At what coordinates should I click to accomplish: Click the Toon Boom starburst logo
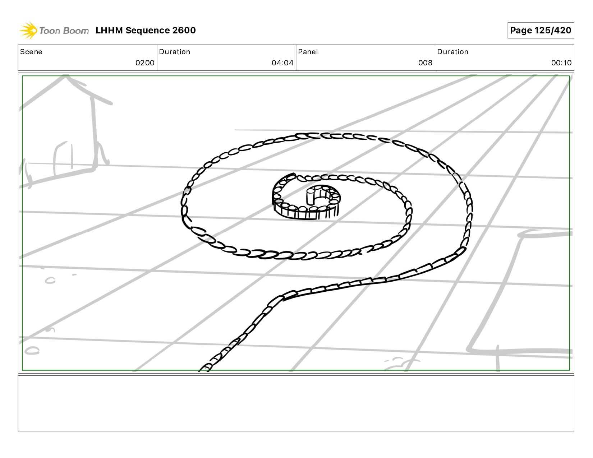click(x=28, y=30)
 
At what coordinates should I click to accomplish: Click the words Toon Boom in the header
click(x=64, y=31)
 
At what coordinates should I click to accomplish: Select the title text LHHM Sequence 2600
click(x=146, y=30)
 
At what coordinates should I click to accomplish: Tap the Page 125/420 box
click(x=541, y=30)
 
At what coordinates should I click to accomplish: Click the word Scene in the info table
click(x=31, y=52)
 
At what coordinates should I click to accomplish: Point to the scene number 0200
click(x=145, y=63)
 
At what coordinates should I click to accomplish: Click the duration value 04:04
click(x=282, y=63)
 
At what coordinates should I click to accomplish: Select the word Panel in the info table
click(x=308, y=52)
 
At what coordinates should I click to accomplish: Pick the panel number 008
click(x=425, y=63)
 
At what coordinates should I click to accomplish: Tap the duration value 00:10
click(x=561, y=63)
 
